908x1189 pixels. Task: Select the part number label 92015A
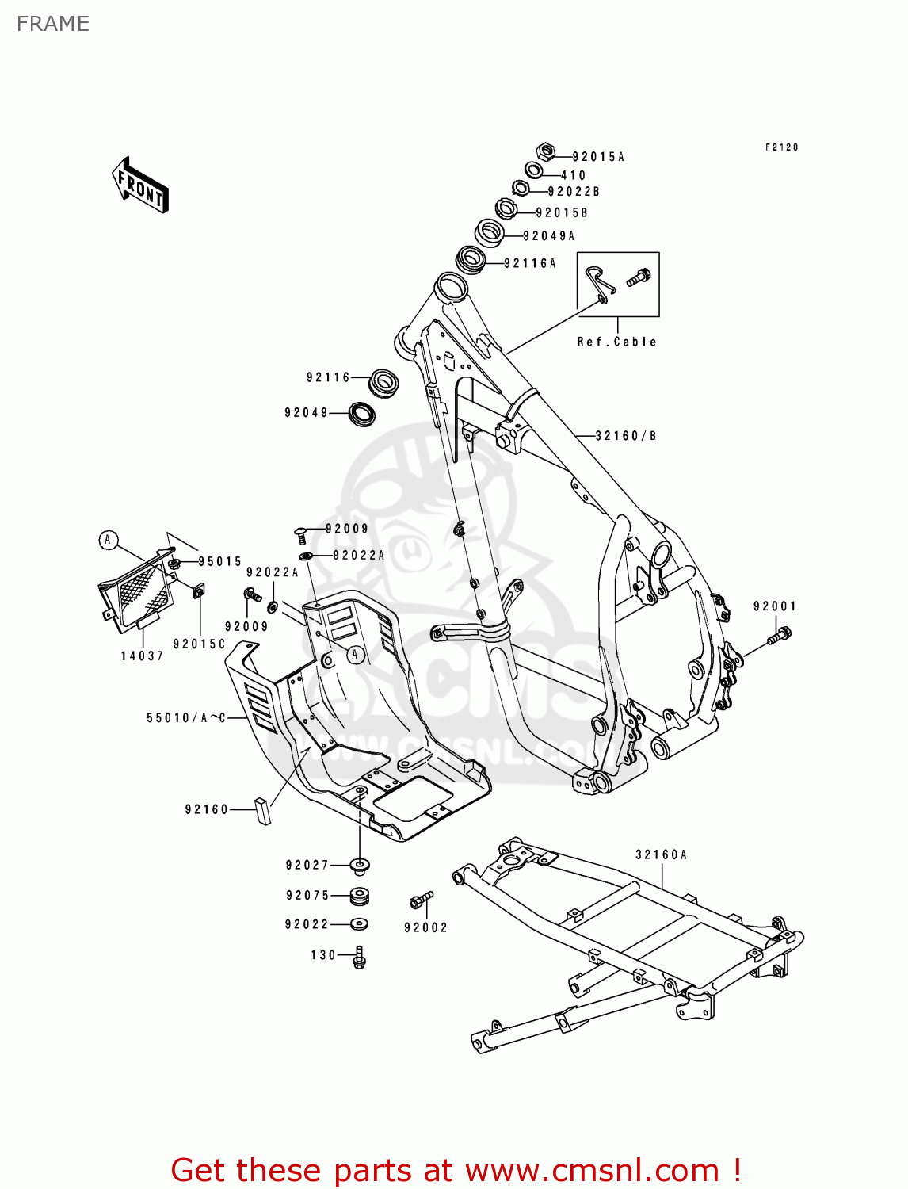pos(598,157)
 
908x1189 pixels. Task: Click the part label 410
pos(574,175)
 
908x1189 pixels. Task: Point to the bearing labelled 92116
pos(383,382)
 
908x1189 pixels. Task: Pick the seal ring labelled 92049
pos(363,413)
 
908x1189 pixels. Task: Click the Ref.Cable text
pos(617,342)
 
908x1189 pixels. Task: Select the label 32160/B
pos(626,436)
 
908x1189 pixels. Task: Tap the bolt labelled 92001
pos(780,635)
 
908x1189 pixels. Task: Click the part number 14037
pos(143,656)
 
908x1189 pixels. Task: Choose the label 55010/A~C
pos(186,718)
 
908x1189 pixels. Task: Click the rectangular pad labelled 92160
pos(262,810)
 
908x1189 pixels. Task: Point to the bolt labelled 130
pos(359,958)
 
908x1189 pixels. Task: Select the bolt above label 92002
pos(421,900)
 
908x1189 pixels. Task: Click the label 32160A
pos(662,854)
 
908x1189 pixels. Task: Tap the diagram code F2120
pos(782,147)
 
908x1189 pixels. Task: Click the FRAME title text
pos(53,24)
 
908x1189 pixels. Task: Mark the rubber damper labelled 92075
pos(360,897)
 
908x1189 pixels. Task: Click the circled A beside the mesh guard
pos(108,541)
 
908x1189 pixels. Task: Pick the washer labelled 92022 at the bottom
pos(359,923)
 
